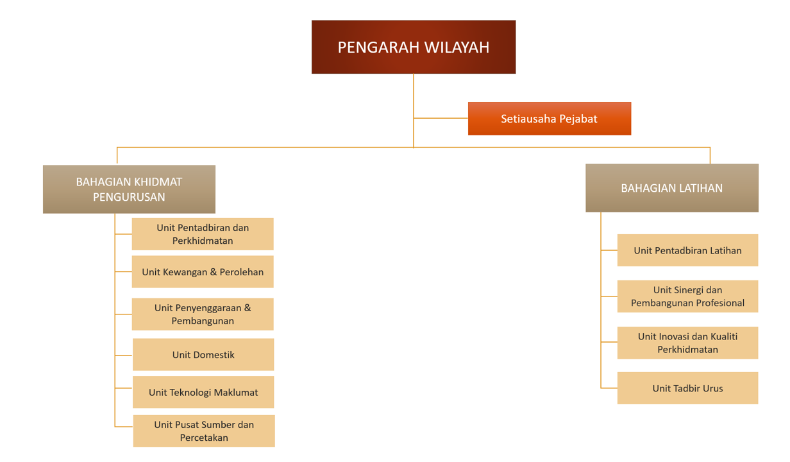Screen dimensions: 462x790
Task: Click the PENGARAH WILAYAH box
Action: tap(414, 47)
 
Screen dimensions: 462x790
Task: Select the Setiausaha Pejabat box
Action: tap(549, 119)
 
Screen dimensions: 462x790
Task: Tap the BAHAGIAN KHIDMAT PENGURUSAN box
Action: tap(129, 189)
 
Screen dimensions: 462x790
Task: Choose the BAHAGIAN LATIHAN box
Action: tap(671, 188)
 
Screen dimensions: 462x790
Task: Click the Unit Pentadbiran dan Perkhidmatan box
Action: tap(203, 234)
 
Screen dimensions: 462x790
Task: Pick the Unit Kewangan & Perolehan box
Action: tap(203, 272)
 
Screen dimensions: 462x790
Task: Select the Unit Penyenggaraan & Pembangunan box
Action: tap(203, 314)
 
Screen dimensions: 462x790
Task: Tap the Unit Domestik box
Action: tap(203, 355)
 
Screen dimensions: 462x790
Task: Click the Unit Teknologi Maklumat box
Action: tap(203, 392)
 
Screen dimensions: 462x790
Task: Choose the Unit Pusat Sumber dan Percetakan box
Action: tap(204, 431)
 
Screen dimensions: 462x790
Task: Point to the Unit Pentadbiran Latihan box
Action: tap(687, 250)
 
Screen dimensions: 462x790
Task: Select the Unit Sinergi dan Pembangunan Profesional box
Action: tap(687, 296)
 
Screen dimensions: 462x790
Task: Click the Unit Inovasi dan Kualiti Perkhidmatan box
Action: tap(687, 343)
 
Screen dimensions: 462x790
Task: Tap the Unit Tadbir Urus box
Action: tap(687, 388)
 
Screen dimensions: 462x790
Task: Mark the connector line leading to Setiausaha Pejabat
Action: tap(441, 118)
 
